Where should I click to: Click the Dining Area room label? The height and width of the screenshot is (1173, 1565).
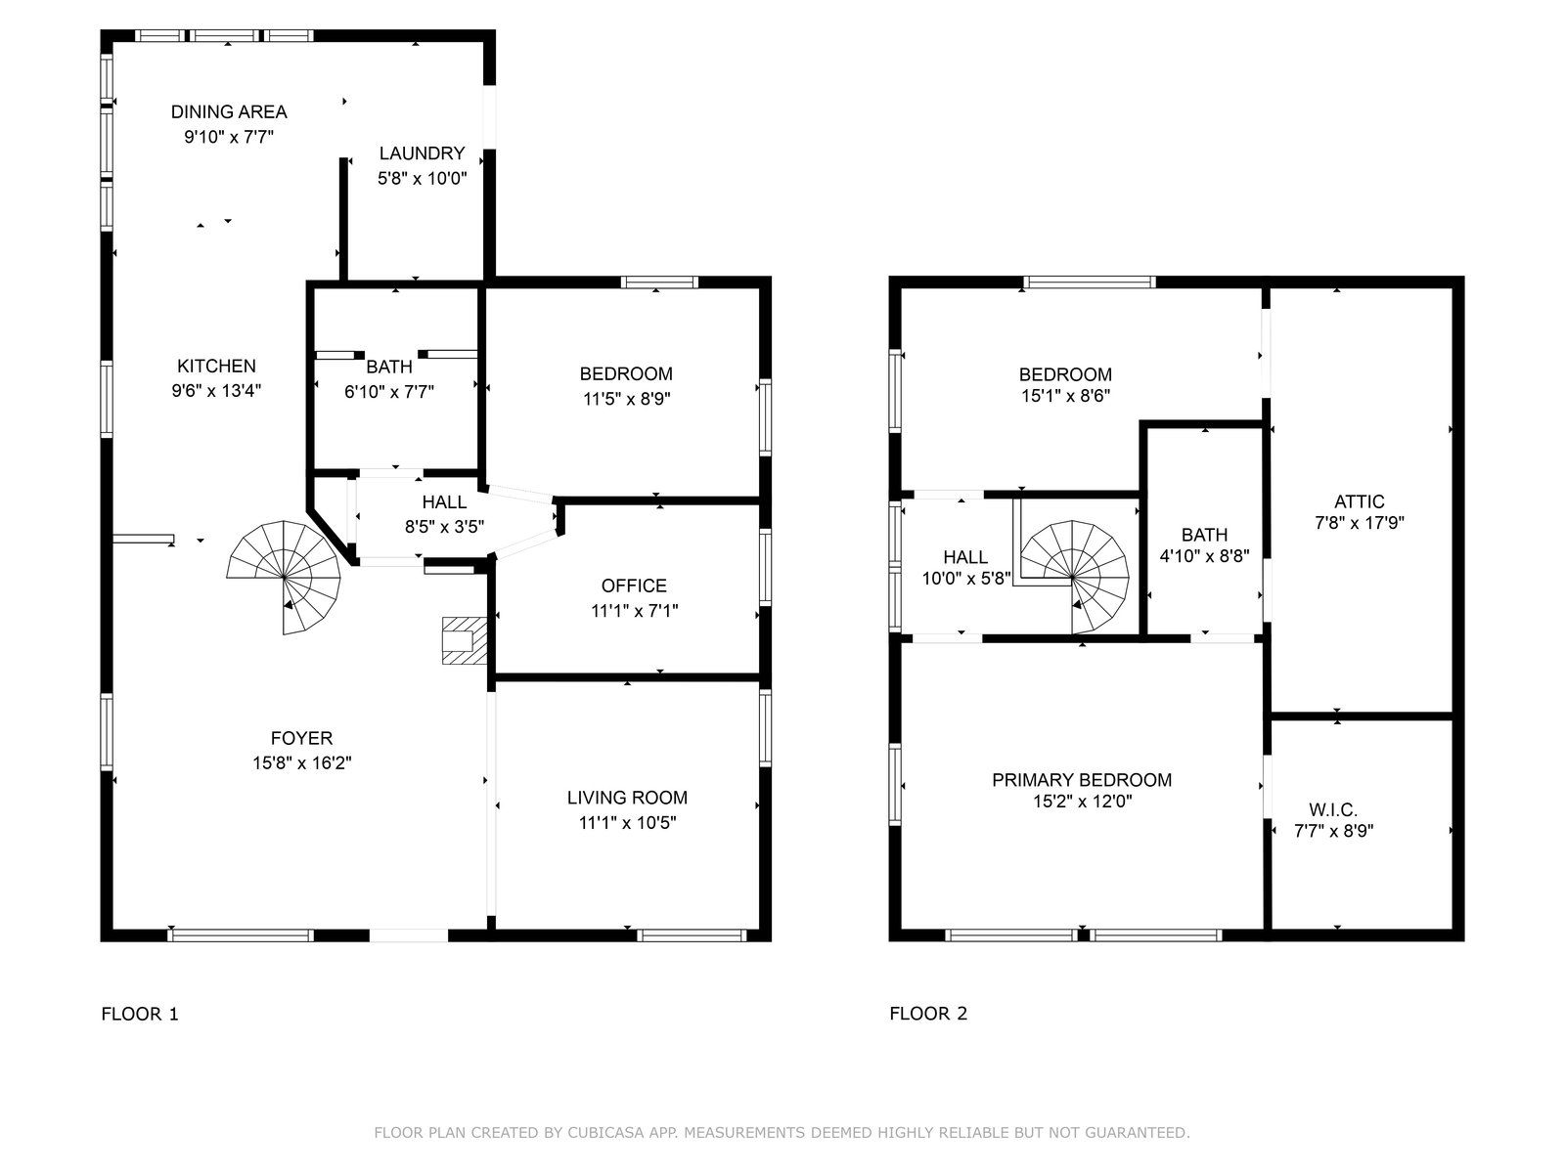point(229,111)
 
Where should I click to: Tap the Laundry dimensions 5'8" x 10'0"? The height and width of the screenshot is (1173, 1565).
point(423,178)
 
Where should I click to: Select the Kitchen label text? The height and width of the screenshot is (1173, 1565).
point(216,366)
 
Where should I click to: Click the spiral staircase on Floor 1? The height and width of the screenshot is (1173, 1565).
point(284,577)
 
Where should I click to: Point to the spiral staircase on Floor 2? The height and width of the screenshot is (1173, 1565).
point(1074,577)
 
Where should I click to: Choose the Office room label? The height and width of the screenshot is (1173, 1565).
point(634,586)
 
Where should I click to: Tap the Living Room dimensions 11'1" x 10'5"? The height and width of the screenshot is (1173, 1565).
point(627,823)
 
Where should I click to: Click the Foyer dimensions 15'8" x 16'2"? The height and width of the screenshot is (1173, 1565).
point(301,762)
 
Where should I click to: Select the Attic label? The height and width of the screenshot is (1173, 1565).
point(1359,501)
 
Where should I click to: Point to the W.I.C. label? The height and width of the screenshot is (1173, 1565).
point(1333,809)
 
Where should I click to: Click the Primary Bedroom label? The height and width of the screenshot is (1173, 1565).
point(1082,780)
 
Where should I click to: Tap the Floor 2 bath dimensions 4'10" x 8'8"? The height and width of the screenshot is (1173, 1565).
point(1204,555)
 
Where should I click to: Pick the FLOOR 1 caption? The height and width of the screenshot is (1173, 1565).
point(140,1014)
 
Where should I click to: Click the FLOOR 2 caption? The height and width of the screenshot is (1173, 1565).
point(928,1014)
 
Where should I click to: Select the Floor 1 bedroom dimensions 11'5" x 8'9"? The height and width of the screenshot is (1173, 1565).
point(627,399)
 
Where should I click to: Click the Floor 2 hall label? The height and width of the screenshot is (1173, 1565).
point(965,557)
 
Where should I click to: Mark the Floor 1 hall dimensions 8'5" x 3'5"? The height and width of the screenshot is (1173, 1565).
point(444,526)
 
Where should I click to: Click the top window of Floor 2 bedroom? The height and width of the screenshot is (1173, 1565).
point(1090,282)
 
